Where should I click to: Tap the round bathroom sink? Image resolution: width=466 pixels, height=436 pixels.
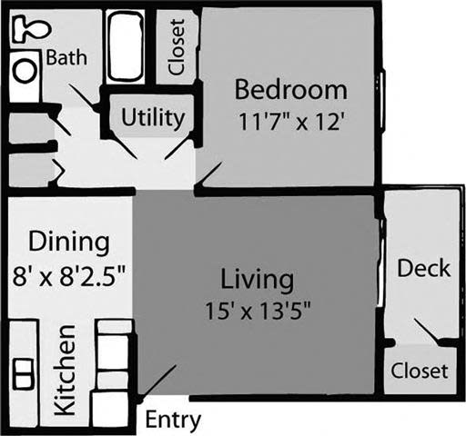coord(25,69)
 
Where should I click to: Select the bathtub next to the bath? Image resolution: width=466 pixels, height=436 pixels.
coord(125,46)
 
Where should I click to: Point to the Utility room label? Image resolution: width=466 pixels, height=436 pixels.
coord(153,118)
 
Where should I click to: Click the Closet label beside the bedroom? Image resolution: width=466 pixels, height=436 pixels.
coord(177,47)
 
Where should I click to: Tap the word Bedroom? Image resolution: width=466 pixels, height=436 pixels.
coord(290,90)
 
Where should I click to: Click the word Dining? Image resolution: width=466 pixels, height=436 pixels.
coord(69,243)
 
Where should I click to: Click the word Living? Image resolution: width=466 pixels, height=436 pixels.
coord(258,276)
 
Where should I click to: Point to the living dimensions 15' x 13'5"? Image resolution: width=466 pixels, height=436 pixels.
coord(258,307)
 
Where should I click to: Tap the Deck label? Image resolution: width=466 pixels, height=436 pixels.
coord(423,269)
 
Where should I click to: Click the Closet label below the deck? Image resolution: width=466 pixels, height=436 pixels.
coord(420,371)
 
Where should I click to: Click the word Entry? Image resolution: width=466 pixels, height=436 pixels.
coord(173,421)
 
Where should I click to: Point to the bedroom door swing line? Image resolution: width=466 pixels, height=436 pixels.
coord(208,176)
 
